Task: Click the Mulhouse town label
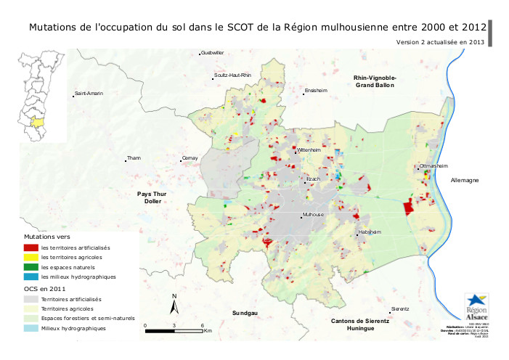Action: coord(314,216)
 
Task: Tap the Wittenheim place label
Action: coord(309,150)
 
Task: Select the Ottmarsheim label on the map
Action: coord(434,166)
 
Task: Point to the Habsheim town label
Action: coord(370,233)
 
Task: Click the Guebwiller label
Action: coord(213,53)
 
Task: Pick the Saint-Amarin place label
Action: coord(89,94)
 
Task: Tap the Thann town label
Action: coord(134,157)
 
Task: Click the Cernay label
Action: coord(190,157)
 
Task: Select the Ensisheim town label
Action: coord(317,91)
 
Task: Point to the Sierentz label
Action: coord(400,308)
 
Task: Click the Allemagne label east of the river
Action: coord(465,180)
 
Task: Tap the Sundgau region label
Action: coord(245,313)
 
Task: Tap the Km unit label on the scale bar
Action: coord(208,330)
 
